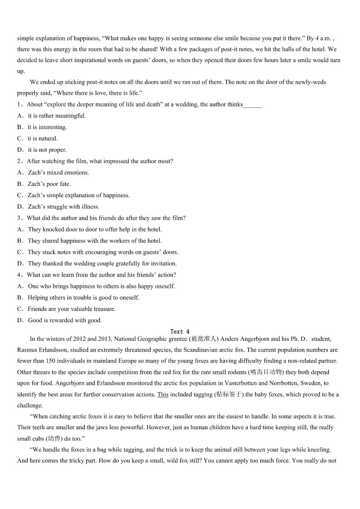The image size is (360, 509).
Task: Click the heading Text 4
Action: coord(180,332)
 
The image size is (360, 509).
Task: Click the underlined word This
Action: coord(163,394)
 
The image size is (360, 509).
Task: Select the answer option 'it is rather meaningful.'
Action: coord(57,116)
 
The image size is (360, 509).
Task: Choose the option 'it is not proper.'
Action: coord(47,150)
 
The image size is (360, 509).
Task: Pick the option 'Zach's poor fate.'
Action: coord(49,184)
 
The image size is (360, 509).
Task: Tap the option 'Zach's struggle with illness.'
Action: coord(63,207)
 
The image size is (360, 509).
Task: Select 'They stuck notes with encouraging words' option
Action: coord(103,252)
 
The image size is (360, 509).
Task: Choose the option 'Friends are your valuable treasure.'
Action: coord(72,309)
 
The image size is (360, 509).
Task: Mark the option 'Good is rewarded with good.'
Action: coord(65,320)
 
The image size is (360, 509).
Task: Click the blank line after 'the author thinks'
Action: coord(253,105)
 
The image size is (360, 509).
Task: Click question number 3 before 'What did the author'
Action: coord(19,218)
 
